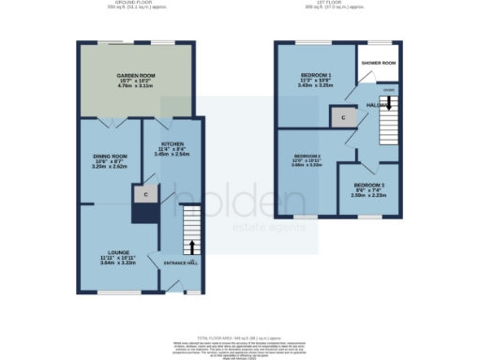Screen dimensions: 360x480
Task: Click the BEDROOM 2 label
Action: point(307,156)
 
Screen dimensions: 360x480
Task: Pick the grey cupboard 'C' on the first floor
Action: point(343,117)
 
